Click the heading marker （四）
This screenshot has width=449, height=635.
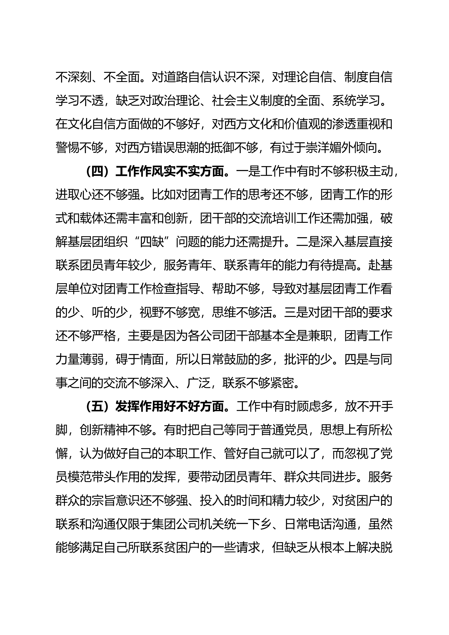[x=97, y=172]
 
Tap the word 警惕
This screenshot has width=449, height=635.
[x=68, y=149]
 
